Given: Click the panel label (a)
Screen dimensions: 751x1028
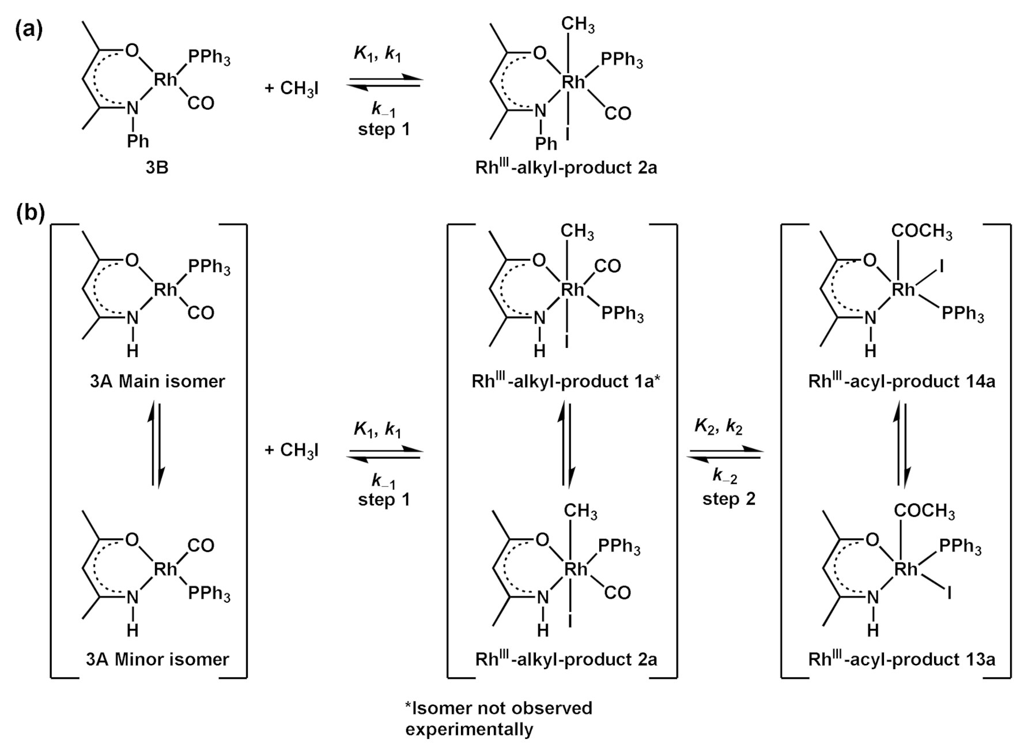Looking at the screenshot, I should coord(29,29).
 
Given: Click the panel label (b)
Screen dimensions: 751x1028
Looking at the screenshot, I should coord(29,214).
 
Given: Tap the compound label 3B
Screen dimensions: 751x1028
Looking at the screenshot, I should coord(157,168).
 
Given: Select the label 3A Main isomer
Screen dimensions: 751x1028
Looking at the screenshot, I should coord(157,381).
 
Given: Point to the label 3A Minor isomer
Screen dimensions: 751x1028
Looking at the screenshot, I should coord(157,659).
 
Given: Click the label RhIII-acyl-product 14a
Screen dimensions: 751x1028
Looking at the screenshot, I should coord(902,381).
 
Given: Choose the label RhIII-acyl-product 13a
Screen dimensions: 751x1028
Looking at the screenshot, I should coord(902,659).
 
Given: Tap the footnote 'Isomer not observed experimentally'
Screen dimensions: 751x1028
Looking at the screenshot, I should coord(498,719).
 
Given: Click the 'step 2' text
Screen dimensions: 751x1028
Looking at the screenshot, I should coord(729,499).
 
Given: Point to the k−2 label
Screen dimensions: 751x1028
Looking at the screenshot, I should coord(725,476).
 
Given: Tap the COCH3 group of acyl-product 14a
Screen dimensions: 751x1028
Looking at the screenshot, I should coord(922,232).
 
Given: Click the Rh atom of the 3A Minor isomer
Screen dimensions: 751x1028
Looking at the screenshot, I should coord(166,570).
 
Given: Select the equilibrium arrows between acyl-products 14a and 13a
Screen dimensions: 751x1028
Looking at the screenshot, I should coord(903,445).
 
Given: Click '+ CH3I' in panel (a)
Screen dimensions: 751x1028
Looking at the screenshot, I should coord(292,88).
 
